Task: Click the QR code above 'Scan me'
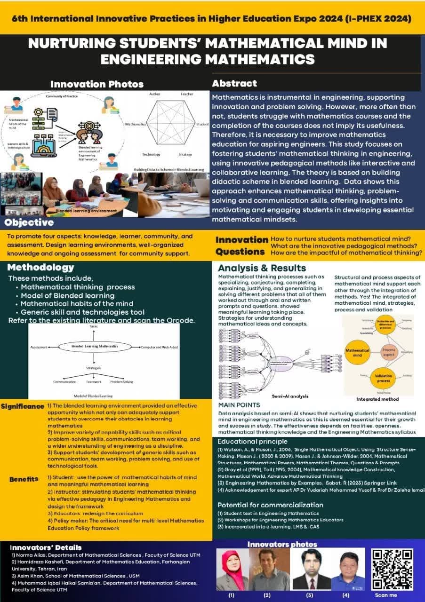tap(393, 569)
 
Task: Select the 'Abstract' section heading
tap(234, 84)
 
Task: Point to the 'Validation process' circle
tap(384, 378)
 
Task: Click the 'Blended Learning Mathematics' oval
tap(95, 347)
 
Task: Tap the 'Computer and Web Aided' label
tap(159, 347)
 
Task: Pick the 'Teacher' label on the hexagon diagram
tap(187, 94)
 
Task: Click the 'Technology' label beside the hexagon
tap(151, 154)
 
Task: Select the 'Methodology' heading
tap(41, 267)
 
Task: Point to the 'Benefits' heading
tap(24, 479)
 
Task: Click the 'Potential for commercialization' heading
tap(270, 505)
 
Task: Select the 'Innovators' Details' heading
tap(46, 547)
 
